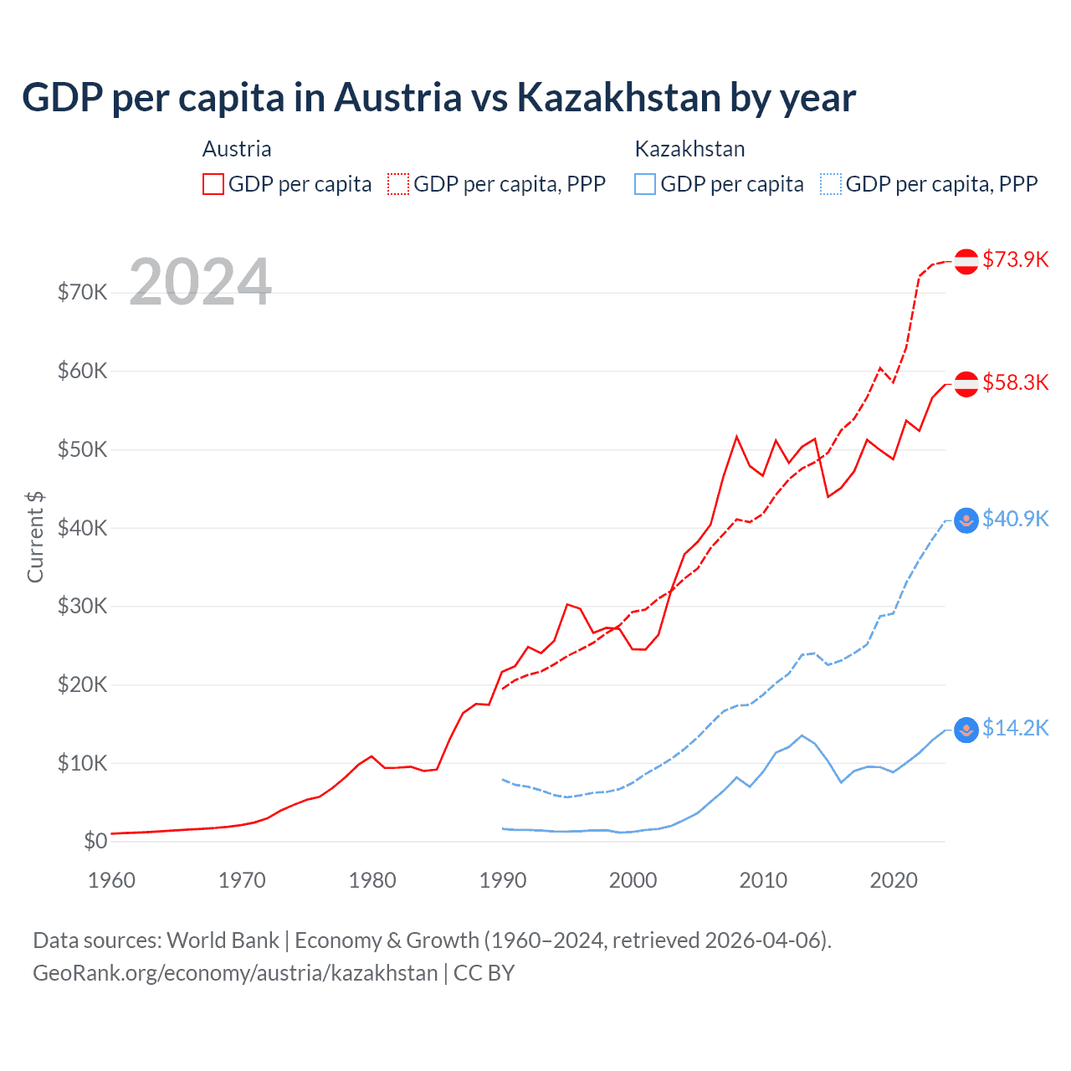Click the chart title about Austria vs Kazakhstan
[x=438, y=97]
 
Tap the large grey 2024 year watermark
[x=201, y=282]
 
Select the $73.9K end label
[x=1015, y=259]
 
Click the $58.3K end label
[x=1015, y=382]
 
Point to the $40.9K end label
[x=1015, y=519]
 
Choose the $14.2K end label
[x=1015, y=728]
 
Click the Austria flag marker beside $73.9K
[x=966, y=261]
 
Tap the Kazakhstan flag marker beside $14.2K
[x=966, y=730]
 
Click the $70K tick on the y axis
[x=82, y=292]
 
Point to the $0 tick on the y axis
[x=95, y=841]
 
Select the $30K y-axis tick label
[x=82, y=606]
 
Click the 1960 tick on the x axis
[x=111, y=880]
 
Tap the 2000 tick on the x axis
[x=633, y=880]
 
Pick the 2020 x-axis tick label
[x=894, y=880]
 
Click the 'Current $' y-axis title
[x=35, y=537]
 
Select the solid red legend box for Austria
[x=213, y=184]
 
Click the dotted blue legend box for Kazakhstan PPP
[x=831, y=184]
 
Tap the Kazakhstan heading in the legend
[x=689, y=149]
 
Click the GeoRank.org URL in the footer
[x=235, y=973]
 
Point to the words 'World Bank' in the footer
[x=223, y=940]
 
